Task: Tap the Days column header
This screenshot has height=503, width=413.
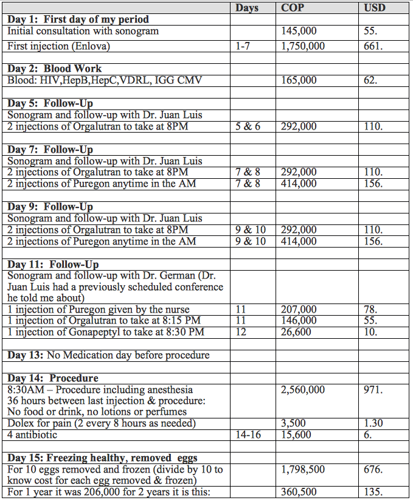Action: coord(246,8)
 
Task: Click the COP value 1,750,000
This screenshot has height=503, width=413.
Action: coord(303,46)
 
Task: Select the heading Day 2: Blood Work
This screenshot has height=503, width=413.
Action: coord(55,69)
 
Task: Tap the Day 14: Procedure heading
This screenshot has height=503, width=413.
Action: coord(52,378)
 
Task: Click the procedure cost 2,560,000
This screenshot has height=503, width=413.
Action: coord(303,390)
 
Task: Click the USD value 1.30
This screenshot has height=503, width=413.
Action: coord(375,423)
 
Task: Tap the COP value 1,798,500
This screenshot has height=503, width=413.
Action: coord(303,469)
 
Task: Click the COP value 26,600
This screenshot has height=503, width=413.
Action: coord(296,332)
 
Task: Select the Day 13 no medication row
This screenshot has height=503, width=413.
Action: coord(108,355)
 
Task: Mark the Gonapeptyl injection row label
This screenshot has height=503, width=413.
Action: coord(106,332)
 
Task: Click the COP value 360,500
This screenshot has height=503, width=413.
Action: coord(299,491)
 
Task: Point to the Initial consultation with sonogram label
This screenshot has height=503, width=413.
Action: coord(83,30)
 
